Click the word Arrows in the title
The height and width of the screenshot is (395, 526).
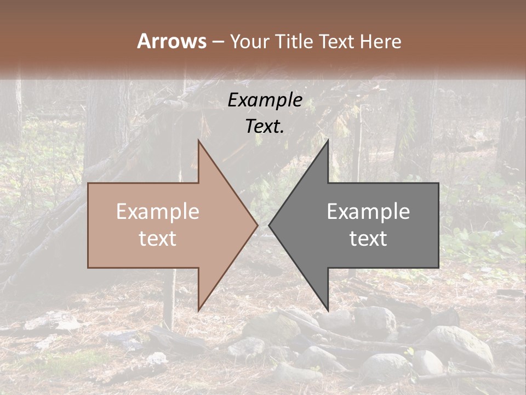[x=172, y=41]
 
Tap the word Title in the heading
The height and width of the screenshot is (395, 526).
[x=295, y=41]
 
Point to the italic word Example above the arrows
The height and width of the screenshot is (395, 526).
[x=265, y=100]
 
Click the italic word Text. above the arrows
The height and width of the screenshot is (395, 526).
[x=265, y=126]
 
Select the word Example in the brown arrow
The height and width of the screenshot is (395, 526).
[x=158, y=212]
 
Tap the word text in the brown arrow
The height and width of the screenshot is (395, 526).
[x=158, y=239]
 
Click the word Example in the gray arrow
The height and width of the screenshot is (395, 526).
[x=368, y=212]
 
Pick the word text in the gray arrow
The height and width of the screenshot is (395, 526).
[x=368, y=239]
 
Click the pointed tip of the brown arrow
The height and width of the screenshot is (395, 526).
[x=257, y=225]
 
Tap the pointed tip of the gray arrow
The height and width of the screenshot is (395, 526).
[x=270, y=225]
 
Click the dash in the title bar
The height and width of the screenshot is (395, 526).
[x=218, y=42]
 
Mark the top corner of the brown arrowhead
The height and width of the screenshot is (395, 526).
[x=199, y=141]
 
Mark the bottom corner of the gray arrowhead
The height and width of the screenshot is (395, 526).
[x=328, y=309]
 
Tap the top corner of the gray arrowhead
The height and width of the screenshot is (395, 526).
[x=328, y=141]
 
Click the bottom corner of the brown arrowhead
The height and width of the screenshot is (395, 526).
[x=199, y=309]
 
